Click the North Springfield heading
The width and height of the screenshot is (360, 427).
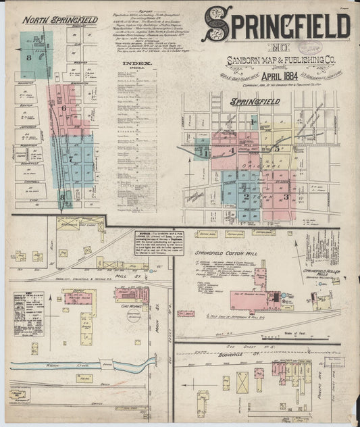[59, 20]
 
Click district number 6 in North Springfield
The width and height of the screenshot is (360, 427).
[64, 108]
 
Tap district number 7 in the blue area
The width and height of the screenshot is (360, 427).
[70, 159]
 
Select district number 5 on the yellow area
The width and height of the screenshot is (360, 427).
[277, 148]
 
